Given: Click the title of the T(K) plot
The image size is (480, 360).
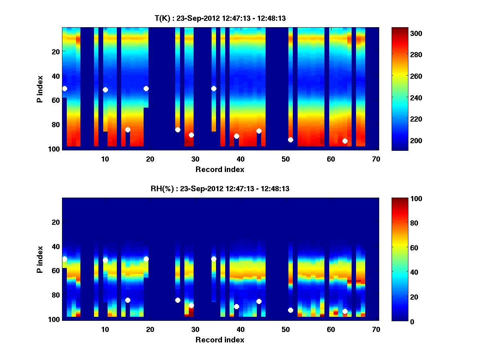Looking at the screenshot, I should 220,18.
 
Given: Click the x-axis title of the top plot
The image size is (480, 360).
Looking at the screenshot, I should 220,169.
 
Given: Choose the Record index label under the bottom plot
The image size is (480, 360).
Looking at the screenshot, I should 220,340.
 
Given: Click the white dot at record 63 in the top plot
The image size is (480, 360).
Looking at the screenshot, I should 345,141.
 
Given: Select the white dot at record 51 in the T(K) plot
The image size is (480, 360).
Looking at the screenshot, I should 290,140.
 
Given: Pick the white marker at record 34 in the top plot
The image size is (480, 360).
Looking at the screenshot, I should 214,88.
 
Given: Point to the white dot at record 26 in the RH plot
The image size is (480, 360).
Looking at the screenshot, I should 178,300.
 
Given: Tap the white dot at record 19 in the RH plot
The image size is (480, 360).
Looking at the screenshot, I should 146,259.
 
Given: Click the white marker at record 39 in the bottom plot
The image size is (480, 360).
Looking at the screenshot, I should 236,306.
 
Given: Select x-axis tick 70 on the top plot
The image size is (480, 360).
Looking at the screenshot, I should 376,159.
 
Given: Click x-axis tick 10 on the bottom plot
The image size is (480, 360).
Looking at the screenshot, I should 105,329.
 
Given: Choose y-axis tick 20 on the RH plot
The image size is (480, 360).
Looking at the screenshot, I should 56,222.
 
